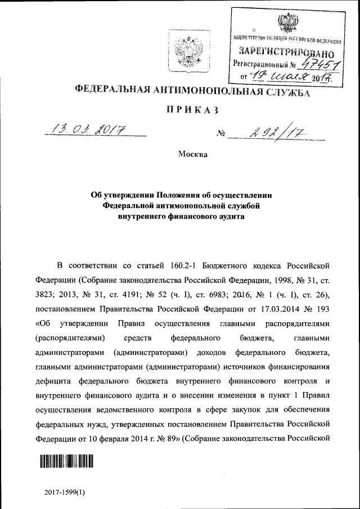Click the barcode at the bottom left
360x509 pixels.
pos(66,462)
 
